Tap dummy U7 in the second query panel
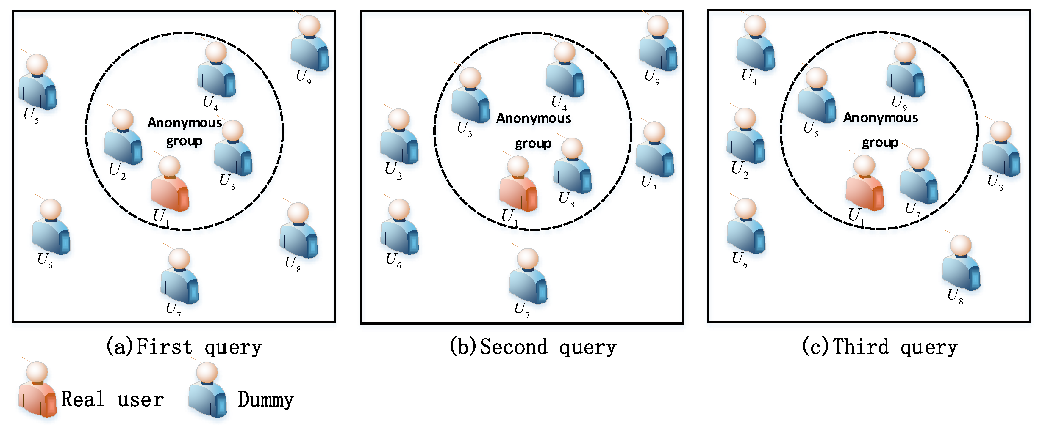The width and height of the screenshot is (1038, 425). (x=528, y=278)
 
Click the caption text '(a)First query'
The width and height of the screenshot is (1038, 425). (x=184, y=347)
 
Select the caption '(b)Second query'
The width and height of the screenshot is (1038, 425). (x=533, y=347)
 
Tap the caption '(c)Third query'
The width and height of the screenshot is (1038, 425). (x=880, y=347)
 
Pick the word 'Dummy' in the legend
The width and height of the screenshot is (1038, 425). (x=265, y=400)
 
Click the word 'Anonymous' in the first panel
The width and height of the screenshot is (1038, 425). (x=185, y=123)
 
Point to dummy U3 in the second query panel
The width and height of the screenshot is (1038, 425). (x=655, y=151)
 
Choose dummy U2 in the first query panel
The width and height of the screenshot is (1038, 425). (x=123, y=139)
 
